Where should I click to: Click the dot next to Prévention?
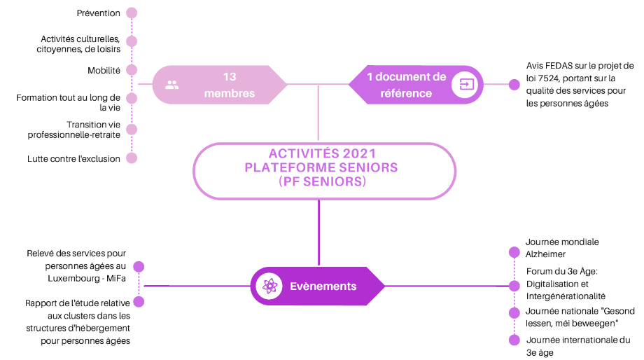pyautogui.click(x=132, y=13)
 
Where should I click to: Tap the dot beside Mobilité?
pyautogui.click(x=132, y=70)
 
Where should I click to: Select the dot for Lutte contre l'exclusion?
pyautogui.click(x=132, y=158)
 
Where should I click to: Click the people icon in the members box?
pyautogui.click(x=172, y=85)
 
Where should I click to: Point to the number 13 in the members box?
pyautogui.click(x=230, y=77)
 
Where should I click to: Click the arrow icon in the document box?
pyautogui.click(x=465, y=85)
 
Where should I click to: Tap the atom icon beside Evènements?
pyautogui.click(x=269, y=286)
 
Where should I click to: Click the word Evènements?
pyautogui.click(x=323, y=286)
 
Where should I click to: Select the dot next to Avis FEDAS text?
pyautogui.click(x=514, y=85)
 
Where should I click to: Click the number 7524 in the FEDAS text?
pyautogui.click(x=547, y=78)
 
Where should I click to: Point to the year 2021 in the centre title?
pyautogui.click(x=359, y=153)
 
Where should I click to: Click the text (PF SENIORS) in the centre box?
pyautogui.click(x=323, y=181)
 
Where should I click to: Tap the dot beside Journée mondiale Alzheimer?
pyautogui.click(x=514, y=252)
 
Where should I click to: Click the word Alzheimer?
pyautogui.click(x=545, y=254)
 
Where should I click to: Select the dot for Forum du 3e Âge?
pyautogui.click(x=514, y=286)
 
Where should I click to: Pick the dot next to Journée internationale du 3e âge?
pyautogui.click(x=514, y=340)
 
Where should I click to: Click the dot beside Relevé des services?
pyautogui.click(x=139, y=267)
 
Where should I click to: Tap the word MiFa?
pyautogui.click(x=115, y=278)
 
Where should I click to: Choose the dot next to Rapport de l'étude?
pyautogui.click(x=139, y=302)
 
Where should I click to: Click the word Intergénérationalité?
pyautogui.click(x=566, y=296)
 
